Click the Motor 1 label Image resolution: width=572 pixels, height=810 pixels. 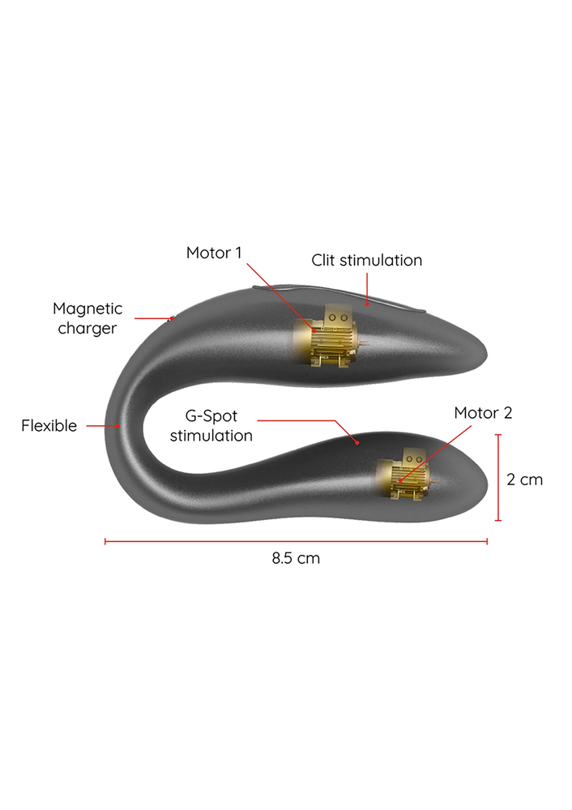[x=214, y=253]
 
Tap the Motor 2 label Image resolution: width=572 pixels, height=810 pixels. [x=483, y=413]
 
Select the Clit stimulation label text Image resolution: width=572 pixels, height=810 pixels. [x=366, y=261]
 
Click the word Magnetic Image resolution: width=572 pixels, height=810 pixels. [x=88, y=309]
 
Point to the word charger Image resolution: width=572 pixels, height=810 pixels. [x=88, y=328]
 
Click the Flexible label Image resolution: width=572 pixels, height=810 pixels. [x=49, y=425]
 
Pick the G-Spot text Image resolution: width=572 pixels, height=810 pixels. [x=211, y=416]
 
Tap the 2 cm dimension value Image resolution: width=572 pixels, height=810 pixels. [x=524, y=480]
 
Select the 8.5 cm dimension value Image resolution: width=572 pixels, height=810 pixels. [x=296, y=558]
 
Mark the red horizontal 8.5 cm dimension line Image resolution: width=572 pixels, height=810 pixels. [x=296, y=541]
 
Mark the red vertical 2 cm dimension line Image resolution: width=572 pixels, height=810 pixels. [x=499, y=478]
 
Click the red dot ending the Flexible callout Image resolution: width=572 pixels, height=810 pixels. [x=118, y=425]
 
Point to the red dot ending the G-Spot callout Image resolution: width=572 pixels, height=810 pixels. [x=356, y=443]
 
